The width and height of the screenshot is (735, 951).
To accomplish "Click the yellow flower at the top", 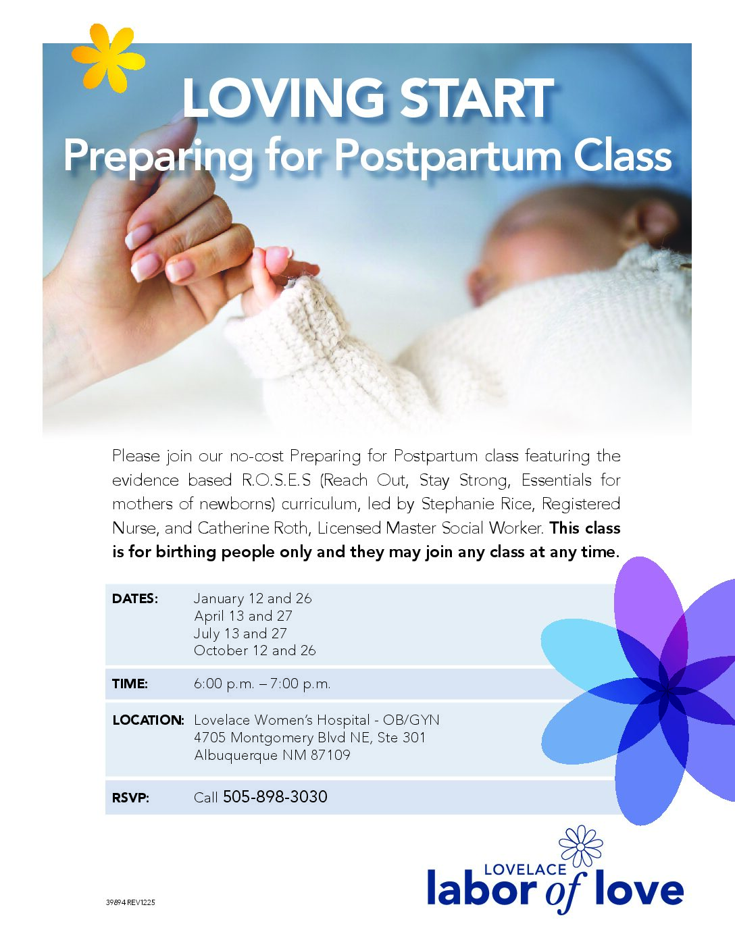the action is (x=108, y=58).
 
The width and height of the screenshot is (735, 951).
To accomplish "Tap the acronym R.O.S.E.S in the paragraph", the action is (x=276, y=480).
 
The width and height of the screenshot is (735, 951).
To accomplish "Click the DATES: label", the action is (x=135, y=598).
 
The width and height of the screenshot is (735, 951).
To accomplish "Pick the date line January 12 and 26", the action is (x=253, y=598).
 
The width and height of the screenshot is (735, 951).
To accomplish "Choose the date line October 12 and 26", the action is (x=255, y=650).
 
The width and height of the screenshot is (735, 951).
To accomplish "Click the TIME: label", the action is (x=130, y=684).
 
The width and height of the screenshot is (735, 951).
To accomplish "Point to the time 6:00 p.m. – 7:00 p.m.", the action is (x=262, y=684).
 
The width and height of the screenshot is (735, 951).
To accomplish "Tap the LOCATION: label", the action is (x=148, y=720).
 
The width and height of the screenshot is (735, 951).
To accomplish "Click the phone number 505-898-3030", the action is (x=275, y=796).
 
